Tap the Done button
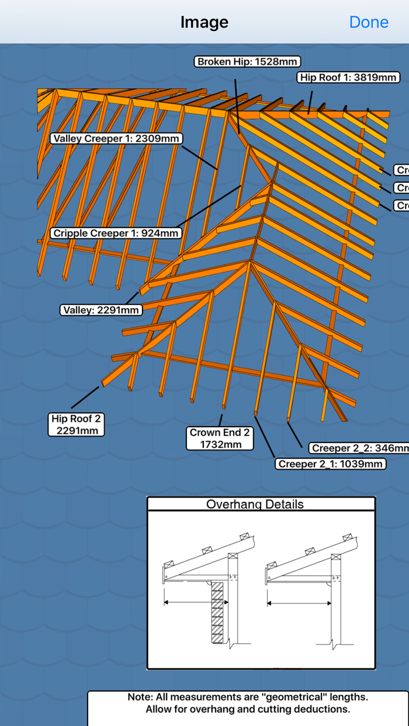click(x=369, y=22)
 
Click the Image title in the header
click(x=204, y=22)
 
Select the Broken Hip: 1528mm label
click(x=248, y=61)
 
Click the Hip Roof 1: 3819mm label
click(x=349, y=77)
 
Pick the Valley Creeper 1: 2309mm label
click(x=116, y=138)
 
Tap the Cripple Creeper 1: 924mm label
click(x=116, y=233)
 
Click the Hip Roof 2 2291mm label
click(x=77, y=424)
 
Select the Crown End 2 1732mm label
click(x=220, y=438)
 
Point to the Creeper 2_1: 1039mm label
click(x=331, y=464)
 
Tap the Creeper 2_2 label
click(x=358, y=448)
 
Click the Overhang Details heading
click(x=255, y=504)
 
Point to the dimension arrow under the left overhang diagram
click(x=196, y=602)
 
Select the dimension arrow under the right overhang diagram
click(x=299, y=603)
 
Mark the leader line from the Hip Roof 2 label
click(x=85, y=397)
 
